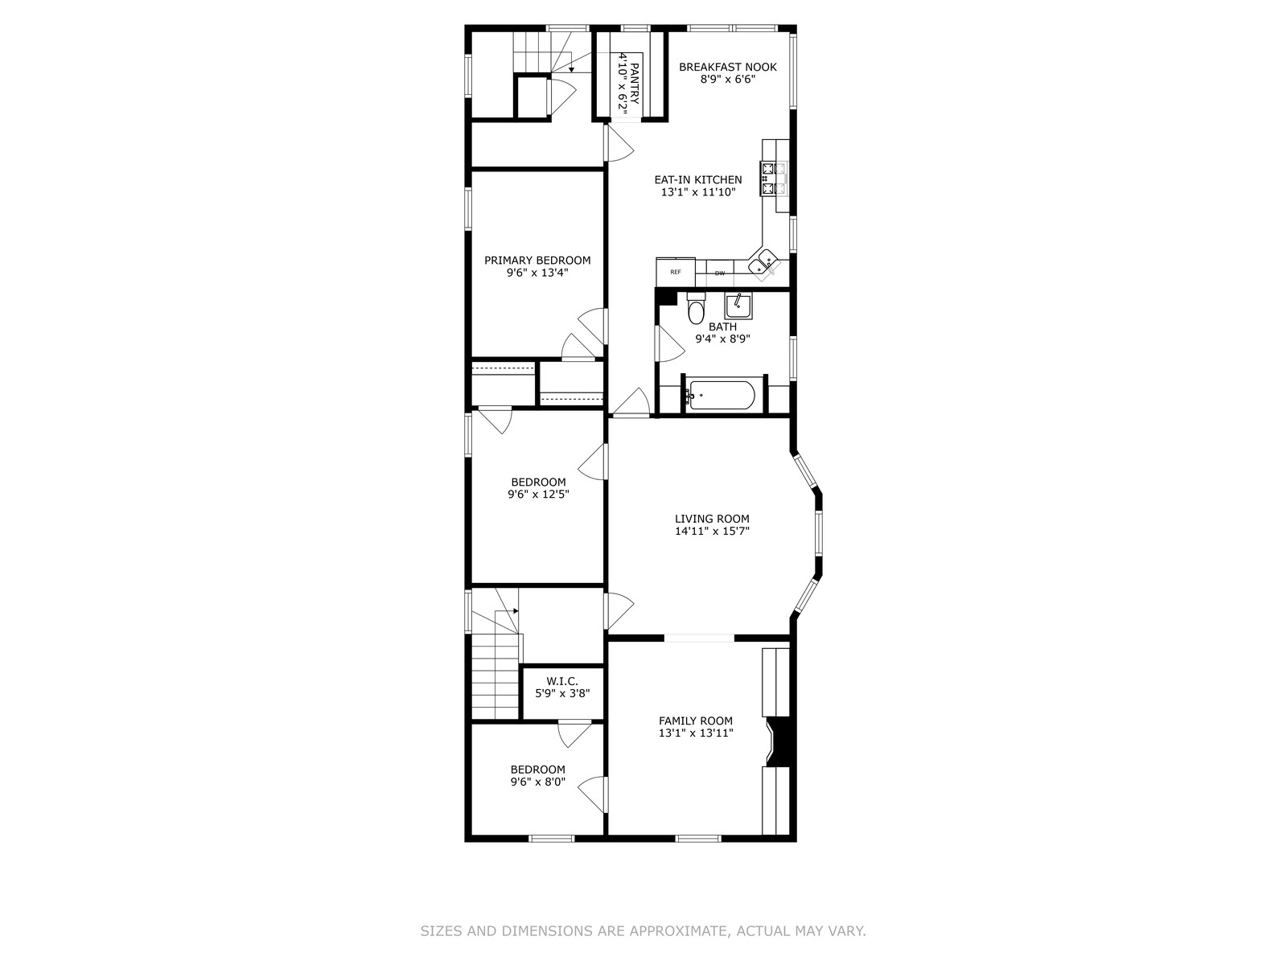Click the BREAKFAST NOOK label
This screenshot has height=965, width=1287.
click(x=728, y=67)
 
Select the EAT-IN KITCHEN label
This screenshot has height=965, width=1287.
click(x=697, y=180)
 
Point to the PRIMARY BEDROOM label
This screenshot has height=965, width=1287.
click(x=537, y=260)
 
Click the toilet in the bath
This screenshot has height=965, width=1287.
click(x=696, y=308)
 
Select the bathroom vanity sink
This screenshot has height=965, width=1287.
click(x=738, y=306)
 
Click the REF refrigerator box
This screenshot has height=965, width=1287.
click(x=676, y=272)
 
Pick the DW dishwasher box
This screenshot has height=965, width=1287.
click(x=719, y=273)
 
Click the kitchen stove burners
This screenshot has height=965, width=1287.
click(x=773, y=179)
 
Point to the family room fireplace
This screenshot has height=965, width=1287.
click(x=779, y=741)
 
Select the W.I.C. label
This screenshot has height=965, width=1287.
click(x=562, y=681)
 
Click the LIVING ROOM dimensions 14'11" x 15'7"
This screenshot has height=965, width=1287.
click(x=713, y=532)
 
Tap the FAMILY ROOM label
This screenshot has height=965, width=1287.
click(x=696, y=721)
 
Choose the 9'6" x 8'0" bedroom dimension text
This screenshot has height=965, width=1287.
click(x=537, y=782)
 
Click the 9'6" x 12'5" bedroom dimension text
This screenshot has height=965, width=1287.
click(x=538, y=494)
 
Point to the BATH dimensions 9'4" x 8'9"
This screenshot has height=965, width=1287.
click(x=723, y=339)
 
